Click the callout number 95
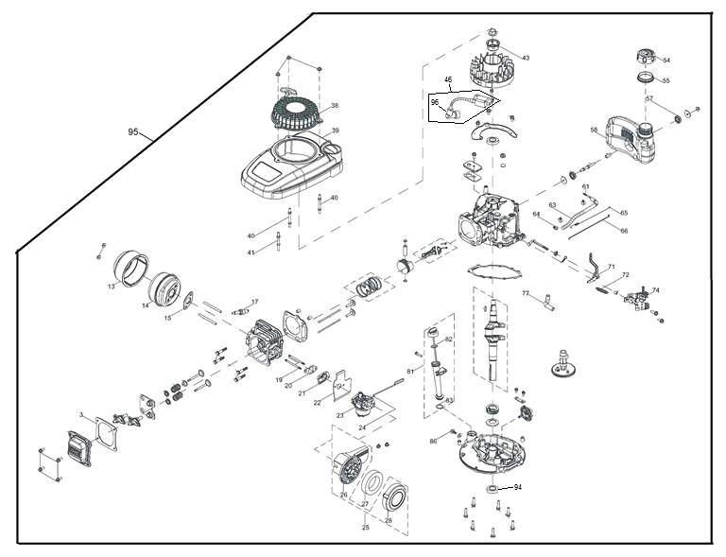click(x=133, y=132)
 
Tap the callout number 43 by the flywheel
click(x=526, y=59)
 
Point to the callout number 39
click(x=335, y=130)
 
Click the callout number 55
click(x=665, y=80)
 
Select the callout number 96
click(x=435, y=102)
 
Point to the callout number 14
click(x=146, y=305)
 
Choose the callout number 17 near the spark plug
click(x=254, y=302)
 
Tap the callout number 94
click(x=517, y=487)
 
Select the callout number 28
click(x=388, y=521)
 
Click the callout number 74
click(x=656, y=290)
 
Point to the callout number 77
click(x=527, y=294)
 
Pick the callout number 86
click(x=433, y=441)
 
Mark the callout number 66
click(x=624, y=230)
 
